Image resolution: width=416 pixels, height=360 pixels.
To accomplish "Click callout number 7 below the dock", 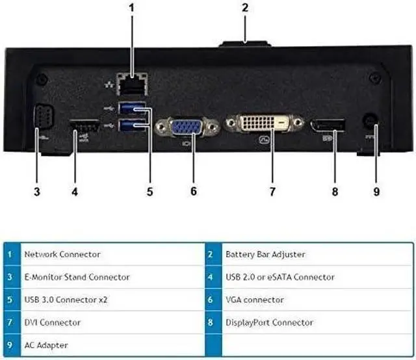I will (272, 192).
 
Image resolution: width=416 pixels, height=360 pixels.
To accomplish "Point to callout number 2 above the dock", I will (245, 8).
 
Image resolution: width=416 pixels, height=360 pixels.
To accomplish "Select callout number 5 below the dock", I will (149, 192).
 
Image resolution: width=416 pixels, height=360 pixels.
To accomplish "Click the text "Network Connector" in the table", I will (62, 254).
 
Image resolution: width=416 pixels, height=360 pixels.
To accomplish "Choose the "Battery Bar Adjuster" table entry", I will (265, 254).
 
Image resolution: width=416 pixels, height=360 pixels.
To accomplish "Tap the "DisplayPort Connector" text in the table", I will (268, 322).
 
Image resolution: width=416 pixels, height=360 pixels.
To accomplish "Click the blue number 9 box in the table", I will (9, 345).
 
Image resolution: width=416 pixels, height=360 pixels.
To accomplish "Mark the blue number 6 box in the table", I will (211, 300).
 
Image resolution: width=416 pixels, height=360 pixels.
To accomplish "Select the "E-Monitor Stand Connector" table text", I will (76, 277).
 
